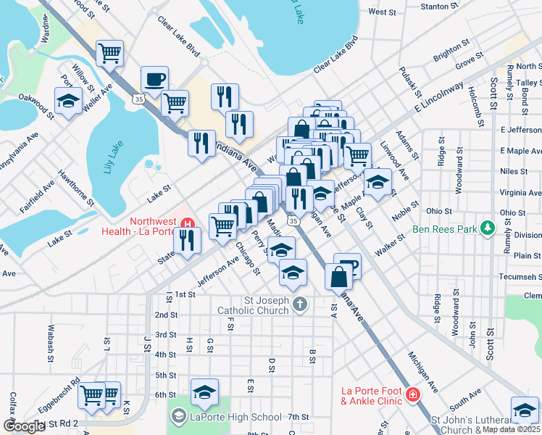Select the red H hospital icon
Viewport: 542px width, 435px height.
[x=188, y=222]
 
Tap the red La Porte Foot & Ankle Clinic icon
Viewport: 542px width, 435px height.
[x=412, y=395]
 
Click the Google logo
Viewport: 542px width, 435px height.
[x=23, y=426]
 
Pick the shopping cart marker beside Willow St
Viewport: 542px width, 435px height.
[x=109, y=52]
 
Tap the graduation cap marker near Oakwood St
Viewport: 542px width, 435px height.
[x=68, y=101]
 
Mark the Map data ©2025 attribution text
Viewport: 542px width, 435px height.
[x=512, y=429]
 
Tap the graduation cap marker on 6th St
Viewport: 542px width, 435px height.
[x=205, y=391]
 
